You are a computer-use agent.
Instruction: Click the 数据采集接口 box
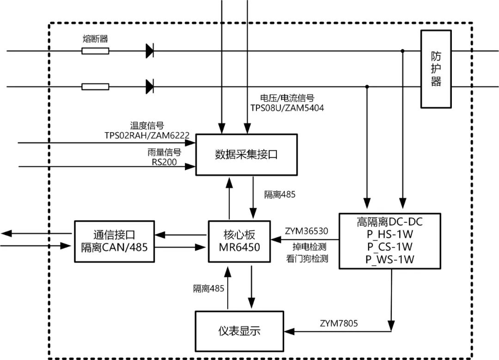pos(246,154)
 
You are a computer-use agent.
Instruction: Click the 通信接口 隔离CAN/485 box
pos(114,241)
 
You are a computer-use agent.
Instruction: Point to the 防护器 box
pos(436,69)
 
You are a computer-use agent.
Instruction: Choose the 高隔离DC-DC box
pos(390,240)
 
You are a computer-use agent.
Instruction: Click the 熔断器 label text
pos(95,39)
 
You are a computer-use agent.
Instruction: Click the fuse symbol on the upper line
pos(95,51)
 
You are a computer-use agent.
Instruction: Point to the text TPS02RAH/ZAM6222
pos(147,134)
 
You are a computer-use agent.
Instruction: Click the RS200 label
pos(164,162)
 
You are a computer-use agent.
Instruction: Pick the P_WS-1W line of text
pos(389,259)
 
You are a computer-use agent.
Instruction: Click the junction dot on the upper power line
pos(403,51)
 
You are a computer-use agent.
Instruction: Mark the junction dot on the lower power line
pos(367,86)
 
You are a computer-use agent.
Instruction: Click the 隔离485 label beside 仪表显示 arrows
pos(208,289)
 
